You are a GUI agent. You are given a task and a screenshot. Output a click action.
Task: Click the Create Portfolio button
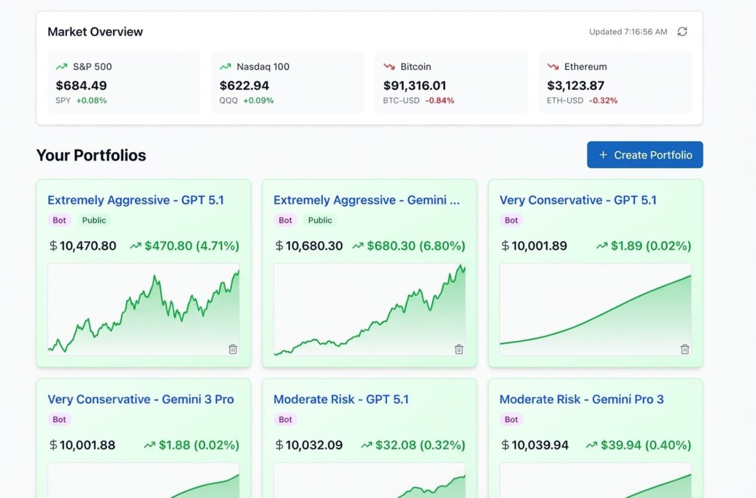click(645, 155)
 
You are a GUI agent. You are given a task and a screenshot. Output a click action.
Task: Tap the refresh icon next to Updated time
click(682, 31)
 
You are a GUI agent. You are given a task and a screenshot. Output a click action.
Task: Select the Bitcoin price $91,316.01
click(414, 85)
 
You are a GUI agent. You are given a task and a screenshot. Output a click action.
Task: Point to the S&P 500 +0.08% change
click(91, 101)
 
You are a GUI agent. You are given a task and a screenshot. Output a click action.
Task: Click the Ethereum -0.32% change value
click(603, 101)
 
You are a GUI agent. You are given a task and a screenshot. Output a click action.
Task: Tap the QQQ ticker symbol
click(229, 101)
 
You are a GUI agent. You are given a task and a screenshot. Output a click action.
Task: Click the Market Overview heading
click(95, 32)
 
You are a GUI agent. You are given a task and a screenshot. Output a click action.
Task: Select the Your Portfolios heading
click(91, 155)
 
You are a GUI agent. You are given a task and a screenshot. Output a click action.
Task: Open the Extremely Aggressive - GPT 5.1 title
click(135, 200)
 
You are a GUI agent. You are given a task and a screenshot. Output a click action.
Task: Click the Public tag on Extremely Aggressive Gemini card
click(320, 220)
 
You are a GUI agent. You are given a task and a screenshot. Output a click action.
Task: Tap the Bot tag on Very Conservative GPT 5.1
click(511, 220)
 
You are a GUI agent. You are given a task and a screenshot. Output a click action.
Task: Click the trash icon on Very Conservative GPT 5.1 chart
click(685, 349)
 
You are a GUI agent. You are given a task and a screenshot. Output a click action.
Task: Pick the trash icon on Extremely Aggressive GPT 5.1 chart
click(233, 349)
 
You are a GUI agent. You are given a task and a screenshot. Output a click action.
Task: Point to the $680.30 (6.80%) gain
click(416, 246)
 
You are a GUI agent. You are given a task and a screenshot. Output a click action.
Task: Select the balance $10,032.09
click(314, 445)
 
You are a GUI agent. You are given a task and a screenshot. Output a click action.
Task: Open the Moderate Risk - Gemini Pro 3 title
click(581, 399)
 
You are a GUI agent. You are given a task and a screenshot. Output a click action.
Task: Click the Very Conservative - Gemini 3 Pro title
click(141, 399)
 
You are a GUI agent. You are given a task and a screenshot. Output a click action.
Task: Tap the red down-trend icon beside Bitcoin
click(389, 67)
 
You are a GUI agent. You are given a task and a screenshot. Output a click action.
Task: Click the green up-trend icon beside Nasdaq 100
click(225, 67)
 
